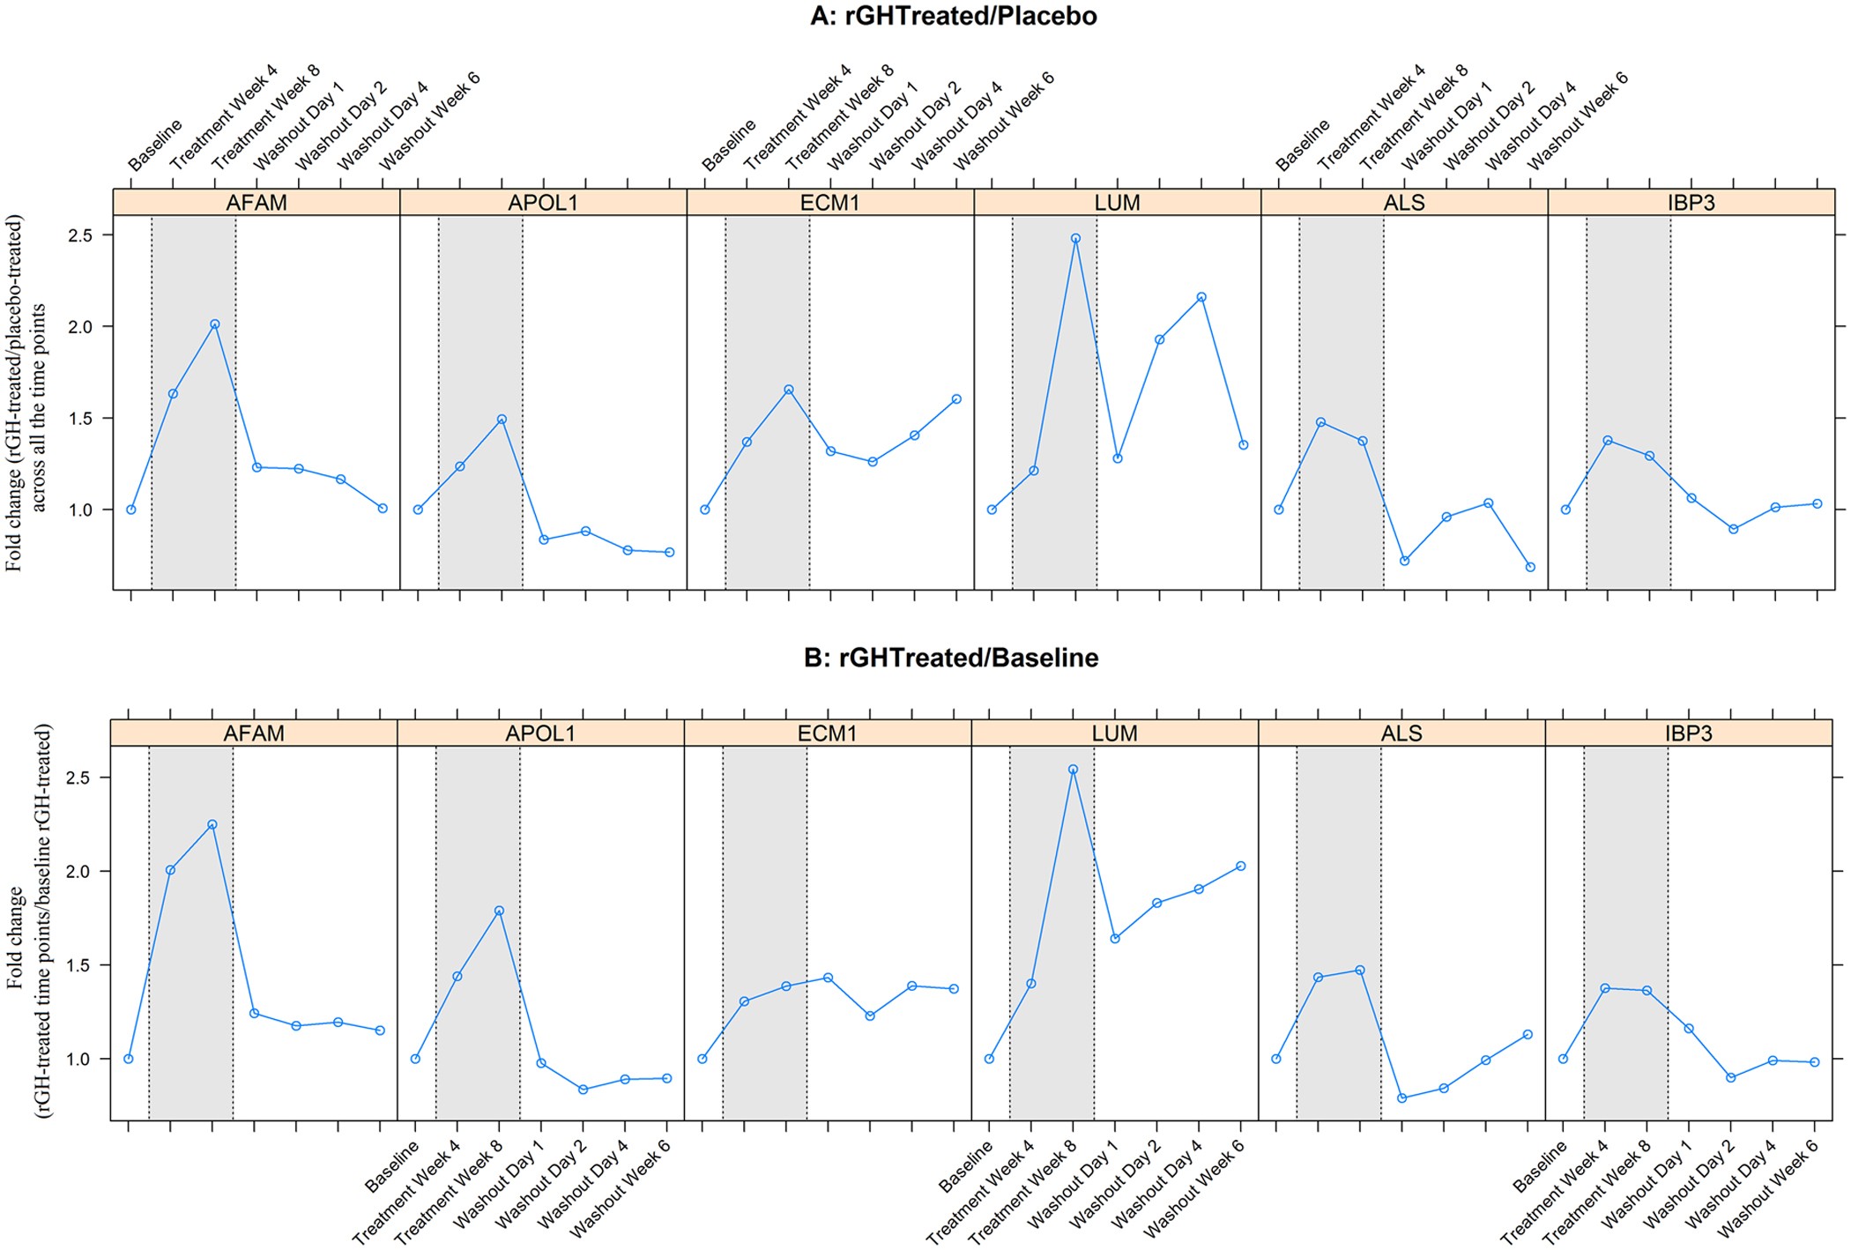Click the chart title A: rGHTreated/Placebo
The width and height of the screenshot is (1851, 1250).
tap(953, 16)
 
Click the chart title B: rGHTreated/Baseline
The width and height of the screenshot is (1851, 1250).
tap(951, 658)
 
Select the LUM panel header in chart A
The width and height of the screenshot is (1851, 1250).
tap(1117, 203)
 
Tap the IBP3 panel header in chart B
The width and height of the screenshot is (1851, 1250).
tap(1688, 733)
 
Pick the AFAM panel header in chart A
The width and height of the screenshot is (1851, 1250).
tap(256, 203)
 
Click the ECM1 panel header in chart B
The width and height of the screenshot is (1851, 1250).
tap(827, 733)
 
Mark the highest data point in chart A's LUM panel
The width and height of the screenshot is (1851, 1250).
tap(1075, 238)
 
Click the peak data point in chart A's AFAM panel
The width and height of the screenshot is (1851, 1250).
tap(215, 324)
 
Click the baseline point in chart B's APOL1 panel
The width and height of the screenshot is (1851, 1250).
tap(415, 1059)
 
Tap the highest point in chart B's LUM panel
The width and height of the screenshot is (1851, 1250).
tap(1073, 770)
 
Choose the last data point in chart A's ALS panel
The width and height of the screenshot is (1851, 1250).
tap(1530, 567)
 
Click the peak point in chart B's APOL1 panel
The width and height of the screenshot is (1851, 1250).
tap(499, 911)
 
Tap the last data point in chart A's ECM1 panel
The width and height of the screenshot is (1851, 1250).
tap(956, 399)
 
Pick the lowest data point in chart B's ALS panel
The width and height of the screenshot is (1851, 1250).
tap(1401, 1098)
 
